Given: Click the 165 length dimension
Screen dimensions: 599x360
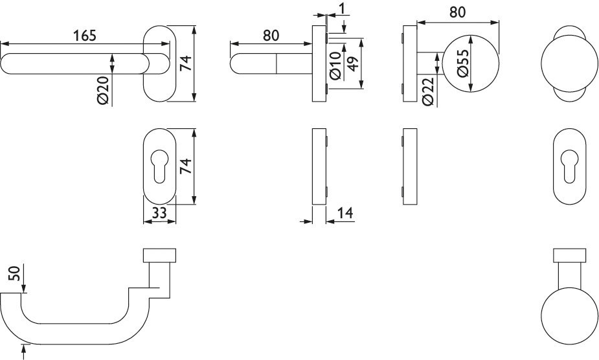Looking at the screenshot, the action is [x=84, y=36].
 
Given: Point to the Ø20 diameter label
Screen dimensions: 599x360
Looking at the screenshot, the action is [x=104, y=90].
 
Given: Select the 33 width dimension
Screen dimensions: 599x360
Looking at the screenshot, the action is [x=159, y=213].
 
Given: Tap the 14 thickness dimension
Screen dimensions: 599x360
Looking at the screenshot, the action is [x=345, y=213].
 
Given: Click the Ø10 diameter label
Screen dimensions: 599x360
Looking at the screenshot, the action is [x=335, y=66].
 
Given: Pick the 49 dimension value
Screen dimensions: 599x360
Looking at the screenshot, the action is [x=352, y=63].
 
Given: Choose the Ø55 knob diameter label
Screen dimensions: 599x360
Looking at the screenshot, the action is [x=462, y=63].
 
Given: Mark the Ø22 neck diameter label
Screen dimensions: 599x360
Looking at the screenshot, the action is [x=428, y=92].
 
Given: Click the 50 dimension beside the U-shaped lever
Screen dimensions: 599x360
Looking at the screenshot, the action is [x=15, y=274].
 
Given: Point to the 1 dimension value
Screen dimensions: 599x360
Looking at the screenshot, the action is [x=343, y=8].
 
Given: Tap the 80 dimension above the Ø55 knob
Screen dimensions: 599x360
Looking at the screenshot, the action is [x=457, y=12].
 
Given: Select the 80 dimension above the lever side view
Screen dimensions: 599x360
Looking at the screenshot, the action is [x=271, y=36].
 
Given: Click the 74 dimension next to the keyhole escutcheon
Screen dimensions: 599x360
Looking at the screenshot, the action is [x=186, y=166].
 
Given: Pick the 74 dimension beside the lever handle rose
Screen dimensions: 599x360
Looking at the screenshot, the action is [x=186, y=63].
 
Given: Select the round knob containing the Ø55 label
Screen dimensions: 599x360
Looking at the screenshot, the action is [x=471, y=63].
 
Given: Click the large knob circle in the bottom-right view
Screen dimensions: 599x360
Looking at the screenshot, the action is [x=570, y=316].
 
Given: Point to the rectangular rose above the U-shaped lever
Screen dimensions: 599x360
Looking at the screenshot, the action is [x=160, y=256].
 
